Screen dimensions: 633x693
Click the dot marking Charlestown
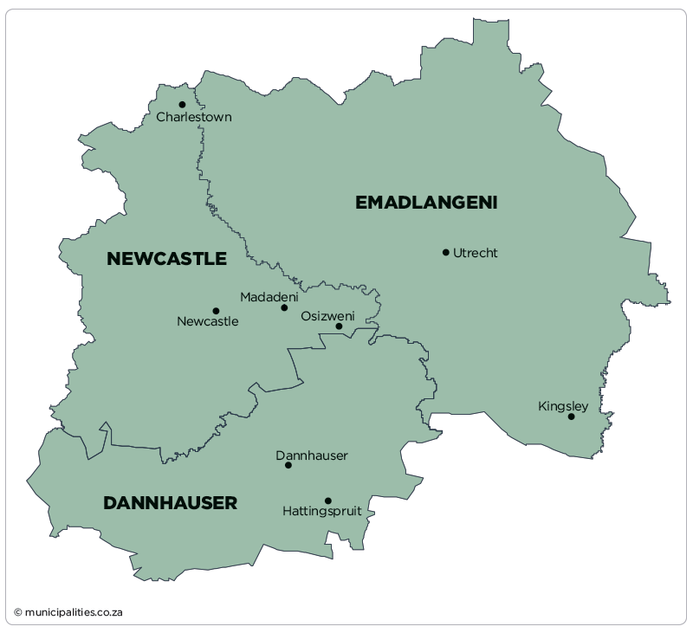point(182,105)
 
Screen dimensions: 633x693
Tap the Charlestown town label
point(194,118)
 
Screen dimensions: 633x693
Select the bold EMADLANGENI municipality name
point(426,203)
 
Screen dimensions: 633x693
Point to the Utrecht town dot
point(446,253)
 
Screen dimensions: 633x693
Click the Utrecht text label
point(476,253)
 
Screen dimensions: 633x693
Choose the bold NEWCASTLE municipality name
point(166,259)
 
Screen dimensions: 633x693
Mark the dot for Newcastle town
point(216,311)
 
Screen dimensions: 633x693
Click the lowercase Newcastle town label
point(208,322)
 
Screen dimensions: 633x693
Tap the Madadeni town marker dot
point(284,307)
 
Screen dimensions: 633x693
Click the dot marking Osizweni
point(339,326)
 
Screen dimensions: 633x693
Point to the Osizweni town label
point(327,316)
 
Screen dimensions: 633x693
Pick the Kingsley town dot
point(571,417)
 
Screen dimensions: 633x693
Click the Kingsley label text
point(563,406)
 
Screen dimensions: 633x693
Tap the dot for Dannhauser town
point(288,465)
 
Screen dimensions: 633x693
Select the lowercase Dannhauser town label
point(312,455)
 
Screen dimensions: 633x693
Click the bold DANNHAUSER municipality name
point(170,503)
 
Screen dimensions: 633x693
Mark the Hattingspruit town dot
point(328,501)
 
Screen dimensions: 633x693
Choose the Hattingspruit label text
point(322,512)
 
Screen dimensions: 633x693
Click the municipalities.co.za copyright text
point(68,612)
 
